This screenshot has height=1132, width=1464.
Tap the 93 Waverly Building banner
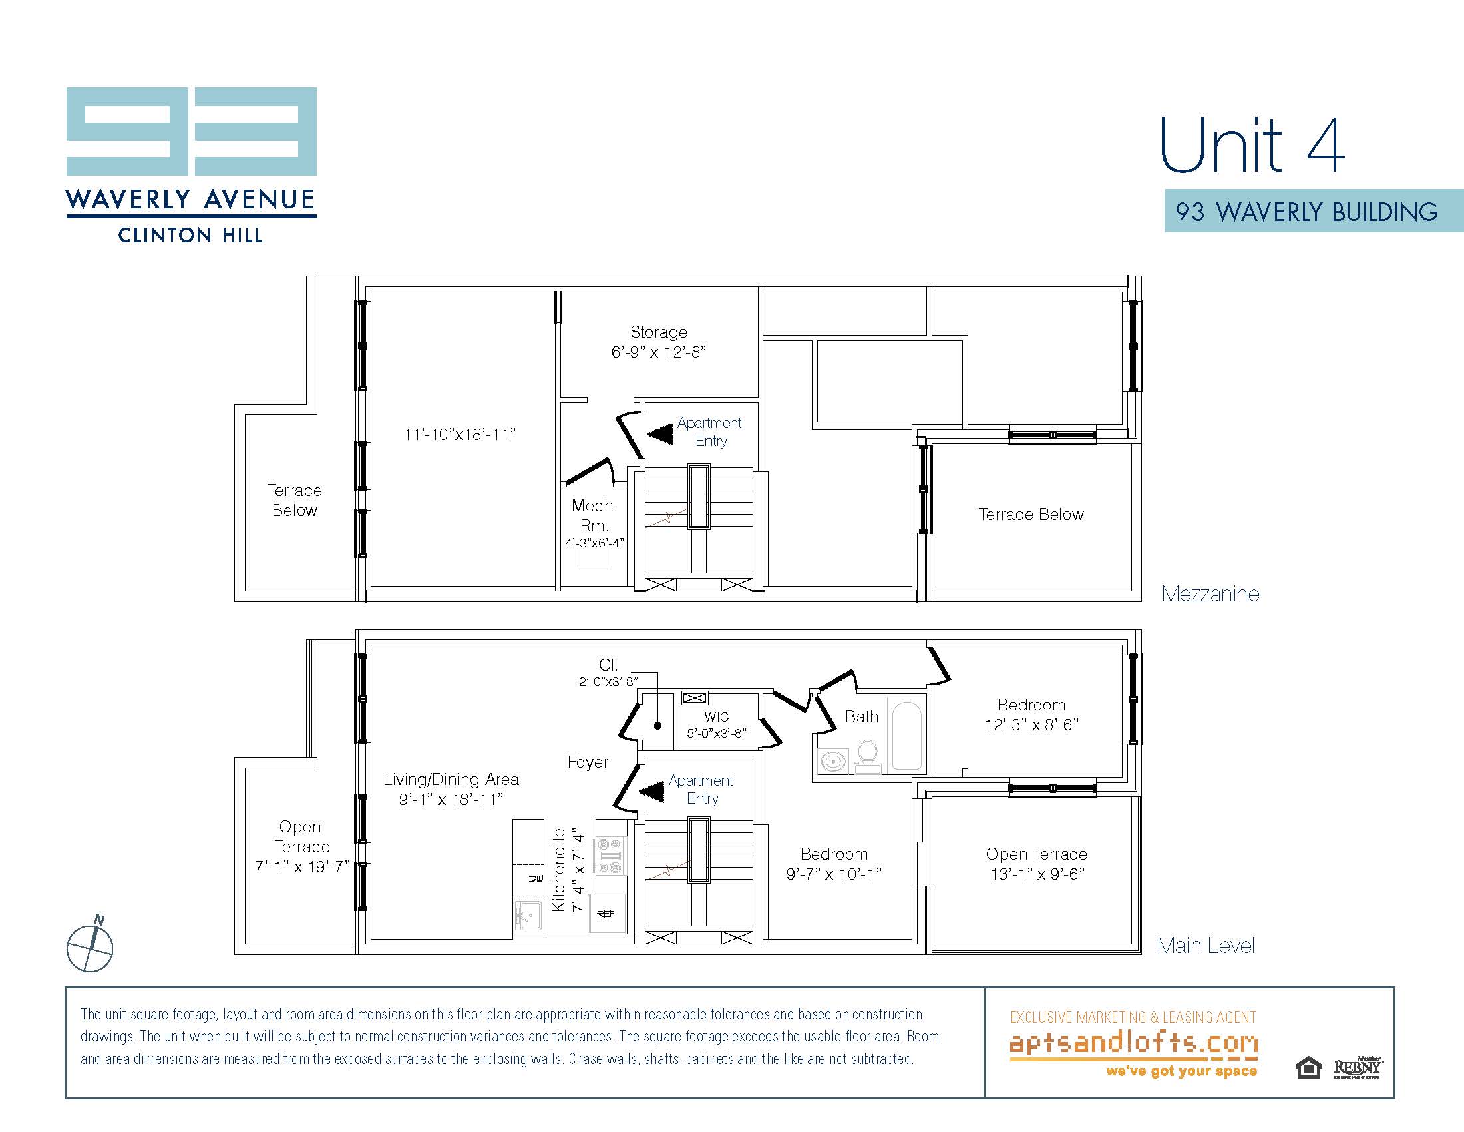[1306, 212]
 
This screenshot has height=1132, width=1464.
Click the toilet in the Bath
[867, 755]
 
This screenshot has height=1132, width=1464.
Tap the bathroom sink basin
[833, 762]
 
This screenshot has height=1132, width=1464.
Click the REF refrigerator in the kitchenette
[606, 914]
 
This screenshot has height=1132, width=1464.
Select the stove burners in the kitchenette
[610, 856]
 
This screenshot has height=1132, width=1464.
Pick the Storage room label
[658, 332]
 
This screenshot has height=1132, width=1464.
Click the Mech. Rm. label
[594, 515]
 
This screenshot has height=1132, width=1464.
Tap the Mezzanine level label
[1210, 594]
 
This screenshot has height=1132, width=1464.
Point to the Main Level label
[1205, 946]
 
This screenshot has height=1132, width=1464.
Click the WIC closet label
[716, 717]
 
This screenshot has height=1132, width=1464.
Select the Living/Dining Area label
[451, 779]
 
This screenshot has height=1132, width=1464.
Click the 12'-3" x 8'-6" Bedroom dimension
[1031, 725]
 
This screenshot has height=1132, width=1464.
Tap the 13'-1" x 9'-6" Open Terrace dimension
[1037, 874]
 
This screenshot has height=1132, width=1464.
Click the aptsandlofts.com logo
[1133, 1043]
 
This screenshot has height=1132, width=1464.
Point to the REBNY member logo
[1358, 1067]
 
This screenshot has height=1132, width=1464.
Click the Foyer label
[587, 762]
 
